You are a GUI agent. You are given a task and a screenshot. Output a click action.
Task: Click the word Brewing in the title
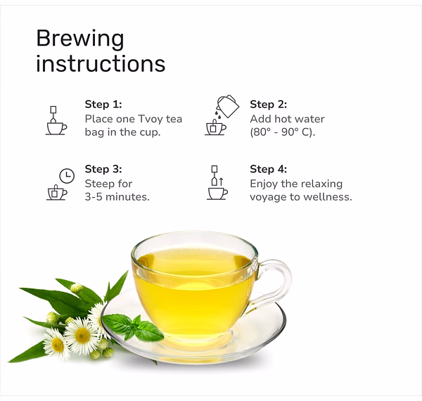point(80,39)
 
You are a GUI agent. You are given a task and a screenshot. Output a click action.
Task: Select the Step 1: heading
point(103,104)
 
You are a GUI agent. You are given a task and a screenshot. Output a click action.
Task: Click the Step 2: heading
point(269,104)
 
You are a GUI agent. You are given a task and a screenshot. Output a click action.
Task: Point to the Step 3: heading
point(103,169)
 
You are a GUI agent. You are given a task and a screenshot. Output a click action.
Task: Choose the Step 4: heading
point(269,169)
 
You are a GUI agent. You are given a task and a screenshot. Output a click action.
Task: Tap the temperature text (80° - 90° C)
point(282,132)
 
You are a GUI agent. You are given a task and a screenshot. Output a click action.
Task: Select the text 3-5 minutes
point(117,197)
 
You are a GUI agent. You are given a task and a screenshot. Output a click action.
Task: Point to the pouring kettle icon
point(228,106)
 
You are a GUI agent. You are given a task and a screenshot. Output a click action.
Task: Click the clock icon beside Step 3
point(67,176)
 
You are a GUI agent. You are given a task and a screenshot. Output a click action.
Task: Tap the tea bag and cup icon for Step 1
point(56,120)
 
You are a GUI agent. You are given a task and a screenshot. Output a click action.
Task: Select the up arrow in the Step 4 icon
point(221,182)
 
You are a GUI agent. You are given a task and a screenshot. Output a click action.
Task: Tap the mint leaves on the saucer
point(133,326)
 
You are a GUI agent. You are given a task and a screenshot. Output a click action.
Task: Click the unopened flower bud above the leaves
point(76,288)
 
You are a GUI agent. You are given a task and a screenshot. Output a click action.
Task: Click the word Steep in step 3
point(99,184)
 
